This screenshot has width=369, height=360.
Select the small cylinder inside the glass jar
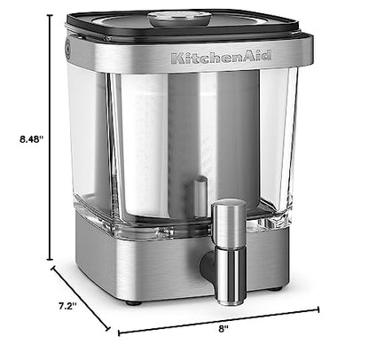(x=200, y=194)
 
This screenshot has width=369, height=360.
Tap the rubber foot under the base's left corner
(x=132, y=302)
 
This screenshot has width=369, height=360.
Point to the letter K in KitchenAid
(x=176, y=59)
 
